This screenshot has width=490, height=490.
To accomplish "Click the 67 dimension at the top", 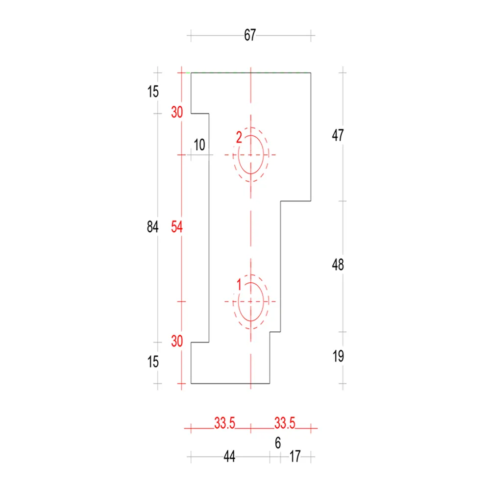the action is tap(250, 35).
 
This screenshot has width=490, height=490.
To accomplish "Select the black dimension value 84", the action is tap(152, 226).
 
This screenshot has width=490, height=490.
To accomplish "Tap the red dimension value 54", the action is tap(176, 227).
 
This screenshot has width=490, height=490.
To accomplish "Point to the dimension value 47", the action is tap(338, 135).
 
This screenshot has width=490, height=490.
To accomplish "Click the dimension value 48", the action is tap(338, 265).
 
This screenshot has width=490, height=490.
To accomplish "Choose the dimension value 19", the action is tap(338, 356).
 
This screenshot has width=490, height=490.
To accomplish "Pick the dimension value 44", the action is tap(229, 457).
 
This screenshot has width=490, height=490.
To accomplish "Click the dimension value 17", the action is tap(295, 457).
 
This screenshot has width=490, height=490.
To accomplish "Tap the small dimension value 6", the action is tap(278, 443).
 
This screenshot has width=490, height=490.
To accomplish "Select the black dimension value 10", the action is tap(199, 145).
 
